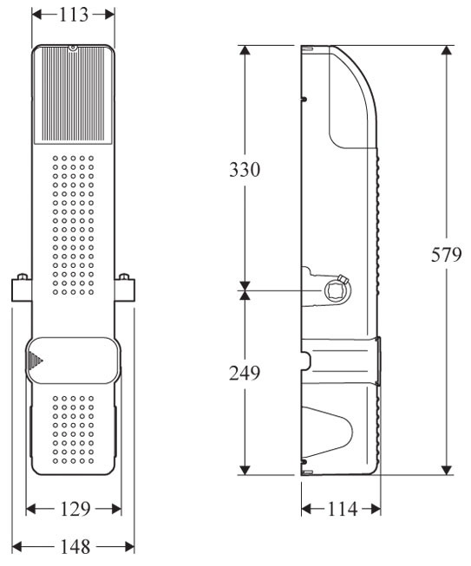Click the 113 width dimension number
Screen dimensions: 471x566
(x=74, y=15)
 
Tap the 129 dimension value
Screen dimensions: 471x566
(x=75, y=510)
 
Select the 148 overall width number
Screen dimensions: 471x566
(x=75, y=547)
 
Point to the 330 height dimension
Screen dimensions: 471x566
(x=245, y=169)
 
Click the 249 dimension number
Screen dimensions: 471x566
(x=245, y=373)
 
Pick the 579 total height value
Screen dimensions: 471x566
(x=447, y=255)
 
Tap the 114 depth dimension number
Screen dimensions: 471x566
(x=342, y=510)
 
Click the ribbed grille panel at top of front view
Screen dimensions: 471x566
(x=73, y=94)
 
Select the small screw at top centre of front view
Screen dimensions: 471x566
(x=73, y=48)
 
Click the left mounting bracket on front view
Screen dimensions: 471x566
(x=22, y=288)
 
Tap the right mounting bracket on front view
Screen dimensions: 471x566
(x=125, y=288)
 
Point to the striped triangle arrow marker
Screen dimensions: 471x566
(x=35, y=361)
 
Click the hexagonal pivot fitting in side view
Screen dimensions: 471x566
(x=334, y=290)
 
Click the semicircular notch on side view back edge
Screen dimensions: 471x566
(x=306, y=361)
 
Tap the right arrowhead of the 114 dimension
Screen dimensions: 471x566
(x=375, y=510)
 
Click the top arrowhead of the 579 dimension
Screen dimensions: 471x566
(x=448, y=51)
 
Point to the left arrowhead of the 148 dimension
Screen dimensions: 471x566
(x=18, y=547)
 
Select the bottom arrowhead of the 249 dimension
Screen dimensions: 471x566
(x=245, y=469)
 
